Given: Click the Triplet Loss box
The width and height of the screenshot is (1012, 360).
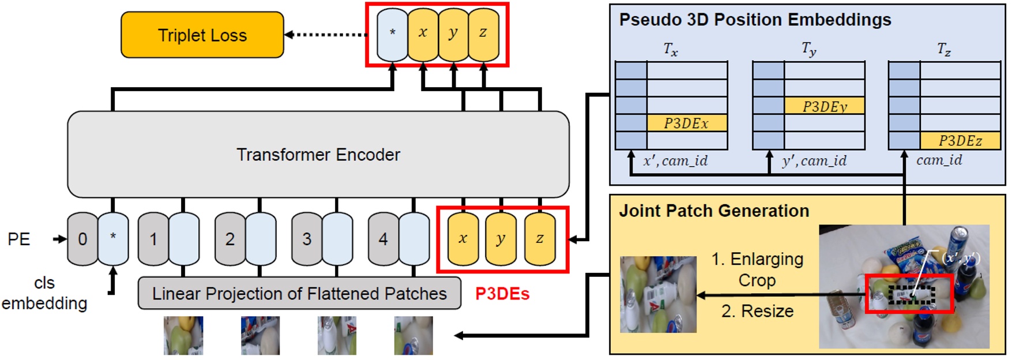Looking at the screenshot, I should [x=202, y=35].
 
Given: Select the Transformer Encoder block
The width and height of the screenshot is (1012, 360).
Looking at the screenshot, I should [x=318, y=155].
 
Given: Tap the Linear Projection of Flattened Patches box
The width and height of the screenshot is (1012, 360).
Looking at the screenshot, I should [x=299, y=294].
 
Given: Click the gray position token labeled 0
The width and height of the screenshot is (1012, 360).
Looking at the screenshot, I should [x=82, y=239].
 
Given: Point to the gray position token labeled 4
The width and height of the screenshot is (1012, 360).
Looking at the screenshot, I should [x=382, y=239].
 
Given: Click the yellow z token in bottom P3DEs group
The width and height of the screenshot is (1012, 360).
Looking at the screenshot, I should [x=540, y=239].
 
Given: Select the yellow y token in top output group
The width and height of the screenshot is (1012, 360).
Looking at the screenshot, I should [x=453, y=33].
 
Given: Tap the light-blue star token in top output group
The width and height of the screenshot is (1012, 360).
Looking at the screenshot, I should [x=392, y=33].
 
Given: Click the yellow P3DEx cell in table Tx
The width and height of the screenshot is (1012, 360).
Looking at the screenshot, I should [x=686, y=123].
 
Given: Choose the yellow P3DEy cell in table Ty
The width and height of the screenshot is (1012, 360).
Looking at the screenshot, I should [x=824, y=106].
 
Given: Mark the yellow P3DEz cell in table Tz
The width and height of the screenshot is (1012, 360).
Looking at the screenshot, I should [x=960, y=141].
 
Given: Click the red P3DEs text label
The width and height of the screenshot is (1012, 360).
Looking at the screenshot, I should [x=502, y=294].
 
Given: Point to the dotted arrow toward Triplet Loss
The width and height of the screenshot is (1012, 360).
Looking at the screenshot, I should [x=328, y=35].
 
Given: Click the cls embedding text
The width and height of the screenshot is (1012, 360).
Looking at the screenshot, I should [x=44, y=293].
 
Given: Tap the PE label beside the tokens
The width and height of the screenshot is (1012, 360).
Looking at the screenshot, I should [x=18, y=239].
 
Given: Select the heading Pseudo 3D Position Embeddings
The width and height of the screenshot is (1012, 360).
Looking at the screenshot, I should [x=755, y=20].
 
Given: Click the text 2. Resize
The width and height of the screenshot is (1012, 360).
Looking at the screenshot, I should [x=757, y=311].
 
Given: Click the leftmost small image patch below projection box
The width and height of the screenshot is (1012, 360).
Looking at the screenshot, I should [x=183, y=336].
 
